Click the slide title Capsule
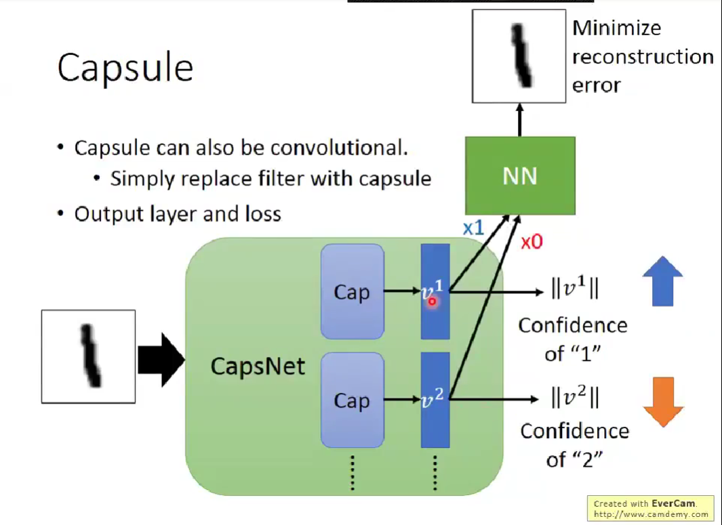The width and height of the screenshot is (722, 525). coord(125,68)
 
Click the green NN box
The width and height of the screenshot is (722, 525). coord(520,175)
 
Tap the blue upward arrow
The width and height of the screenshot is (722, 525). coord(662,281)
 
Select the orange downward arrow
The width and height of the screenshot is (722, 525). coord(663,402)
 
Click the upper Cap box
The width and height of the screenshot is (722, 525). coord(353,292)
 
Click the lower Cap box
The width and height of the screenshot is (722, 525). coord(353,400)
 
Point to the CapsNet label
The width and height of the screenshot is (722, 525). coord(258,366)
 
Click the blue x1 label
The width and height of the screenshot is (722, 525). coord(473,228)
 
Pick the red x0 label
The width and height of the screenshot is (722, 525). coord(532,242)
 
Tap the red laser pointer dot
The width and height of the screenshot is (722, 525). coord(432,301)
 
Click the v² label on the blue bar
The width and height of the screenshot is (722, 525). coord(433,398)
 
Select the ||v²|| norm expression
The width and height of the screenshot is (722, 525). coord(575,396)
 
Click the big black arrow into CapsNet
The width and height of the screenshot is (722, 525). coord(161,360)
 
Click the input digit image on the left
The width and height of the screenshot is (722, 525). coord(88,356)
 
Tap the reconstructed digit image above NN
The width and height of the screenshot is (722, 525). coord(519,56)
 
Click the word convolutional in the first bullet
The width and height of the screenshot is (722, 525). coord(339,148)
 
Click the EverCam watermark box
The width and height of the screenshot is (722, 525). coord(649,509)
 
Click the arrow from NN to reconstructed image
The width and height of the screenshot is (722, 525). coord(520,120)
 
